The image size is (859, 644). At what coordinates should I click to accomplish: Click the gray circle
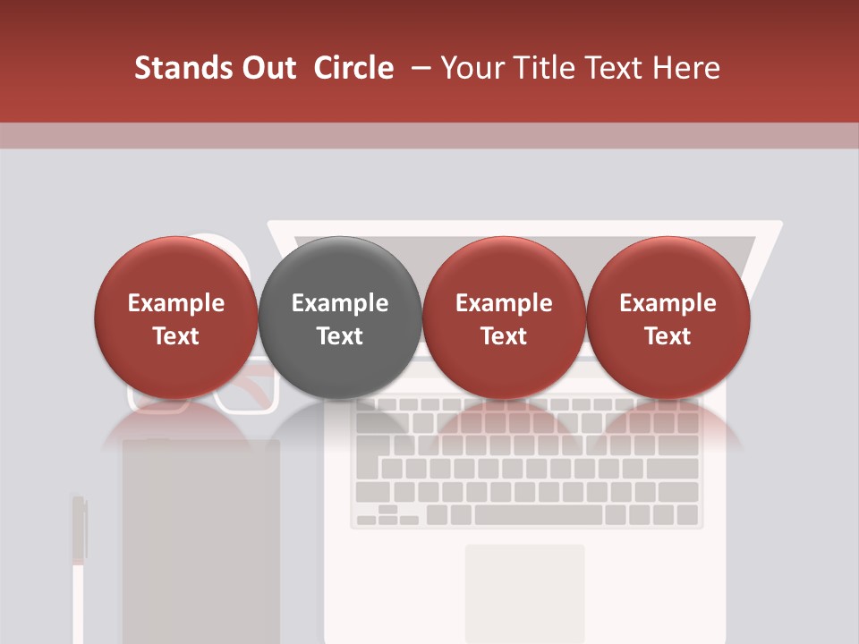point(339,317)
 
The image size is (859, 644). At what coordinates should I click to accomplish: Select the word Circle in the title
point(353,68)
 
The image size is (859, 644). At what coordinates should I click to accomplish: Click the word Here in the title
point(685,68)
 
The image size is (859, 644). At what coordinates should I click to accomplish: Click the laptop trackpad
point(524,590)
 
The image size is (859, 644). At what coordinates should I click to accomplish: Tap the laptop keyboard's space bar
point(539,515)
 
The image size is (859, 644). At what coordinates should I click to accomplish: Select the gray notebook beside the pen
point(201,537)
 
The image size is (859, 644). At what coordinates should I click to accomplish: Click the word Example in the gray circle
point(340,303)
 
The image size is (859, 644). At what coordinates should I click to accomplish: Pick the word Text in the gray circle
point(340,336)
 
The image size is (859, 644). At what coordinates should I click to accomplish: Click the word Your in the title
point(472,68)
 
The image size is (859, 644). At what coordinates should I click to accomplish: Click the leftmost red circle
point(175,317)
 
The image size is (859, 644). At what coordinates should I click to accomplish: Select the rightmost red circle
point(668,317)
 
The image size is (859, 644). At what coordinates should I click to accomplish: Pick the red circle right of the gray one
point(504,317)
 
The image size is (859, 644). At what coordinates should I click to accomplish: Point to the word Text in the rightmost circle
point(668,336)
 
